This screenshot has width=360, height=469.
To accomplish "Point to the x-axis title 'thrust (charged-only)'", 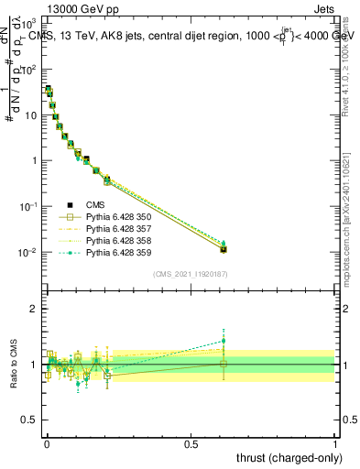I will [285, 456].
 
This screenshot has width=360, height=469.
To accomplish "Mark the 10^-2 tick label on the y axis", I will [28, 252].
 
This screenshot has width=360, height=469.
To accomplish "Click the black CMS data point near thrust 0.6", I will [224, 248].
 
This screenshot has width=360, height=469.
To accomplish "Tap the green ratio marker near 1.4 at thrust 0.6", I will [224, 341].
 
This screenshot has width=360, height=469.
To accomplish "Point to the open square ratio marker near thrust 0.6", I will [224, 364].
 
